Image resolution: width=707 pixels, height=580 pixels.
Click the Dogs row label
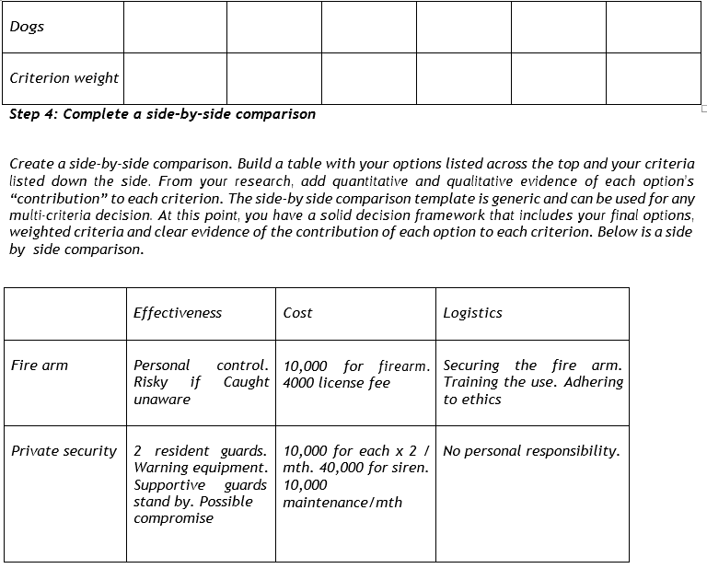tap(27, 26)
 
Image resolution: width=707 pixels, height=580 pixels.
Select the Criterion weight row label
tap(64, 77)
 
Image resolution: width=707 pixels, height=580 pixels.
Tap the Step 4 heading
tap(162, 114)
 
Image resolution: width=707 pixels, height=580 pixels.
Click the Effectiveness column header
tap(178, 312)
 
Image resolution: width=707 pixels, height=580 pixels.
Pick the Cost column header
tap(297, 312)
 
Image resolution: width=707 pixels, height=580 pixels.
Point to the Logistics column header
tap(472, 312)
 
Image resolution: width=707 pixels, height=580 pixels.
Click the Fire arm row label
tap(40, 365)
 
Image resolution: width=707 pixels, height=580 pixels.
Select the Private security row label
tap(64, 451)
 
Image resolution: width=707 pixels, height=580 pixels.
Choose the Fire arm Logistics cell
tap(533, 382)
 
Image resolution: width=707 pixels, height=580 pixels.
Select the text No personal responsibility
tap(531, 451)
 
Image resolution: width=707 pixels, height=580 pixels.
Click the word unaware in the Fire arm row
tap(162, 400)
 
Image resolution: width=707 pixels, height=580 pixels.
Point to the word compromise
tap(173, 518)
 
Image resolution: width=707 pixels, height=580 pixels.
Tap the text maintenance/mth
tap(342, 502)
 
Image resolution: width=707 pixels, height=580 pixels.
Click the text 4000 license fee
tap(337, 382)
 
